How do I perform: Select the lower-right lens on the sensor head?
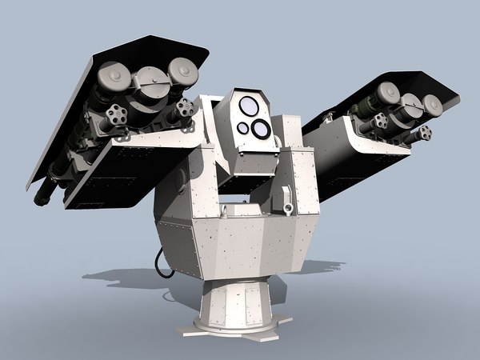click(x=261, y=128)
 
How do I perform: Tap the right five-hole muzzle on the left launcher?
click(x=184, y=109)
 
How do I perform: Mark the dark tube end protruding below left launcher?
click(x=45, y=192)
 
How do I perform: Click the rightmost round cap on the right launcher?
click(x=432, y=106)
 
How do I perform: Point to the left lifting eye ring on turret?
click(x=226, y=210)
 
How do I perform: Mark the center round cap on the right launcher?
click(x=410, y=103)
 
